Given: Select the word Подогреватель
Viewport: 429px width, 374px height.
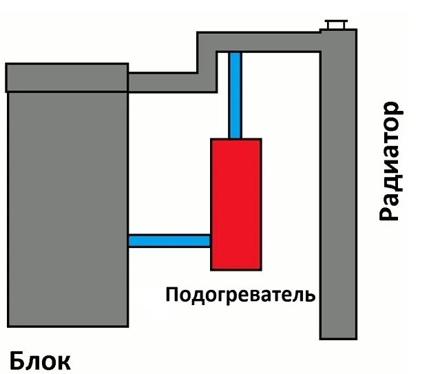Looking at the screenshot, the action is coord(240,295).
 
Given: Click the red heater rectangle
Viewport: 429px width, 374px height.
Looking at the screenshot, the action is coord(236,204).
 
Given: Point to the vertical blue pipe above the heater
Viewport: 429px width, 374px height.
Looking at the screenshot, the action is coord(236,96).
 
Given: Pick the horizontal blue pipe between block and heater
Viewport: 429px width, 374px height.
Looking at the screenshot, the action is coord(169,240).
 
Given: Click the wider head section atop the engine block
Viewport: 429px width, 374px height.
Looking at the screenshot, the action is coord(67,78).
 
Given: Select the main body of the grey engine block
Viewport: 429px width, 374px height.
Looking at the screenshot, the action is coord(67,207).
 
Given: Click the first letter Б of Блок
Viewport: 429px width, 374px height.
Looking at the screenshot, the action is coord(18,361).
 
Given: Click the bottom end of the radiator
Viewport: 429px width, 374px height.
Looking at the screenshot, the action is coord(338,335).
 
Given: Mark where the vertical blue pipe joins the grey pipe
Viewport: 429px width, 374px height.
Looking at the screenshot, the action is coord(236,53).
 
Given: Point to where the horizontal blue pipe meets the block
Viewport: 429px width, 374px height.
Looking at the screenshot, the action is coord(131,240).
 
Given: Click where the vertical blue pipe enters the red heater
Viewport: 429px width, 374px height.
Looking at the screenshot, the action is coord(236,138).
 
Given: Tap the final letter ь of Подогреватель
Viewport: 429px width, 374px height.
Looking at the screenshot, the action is coord(311,295).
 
